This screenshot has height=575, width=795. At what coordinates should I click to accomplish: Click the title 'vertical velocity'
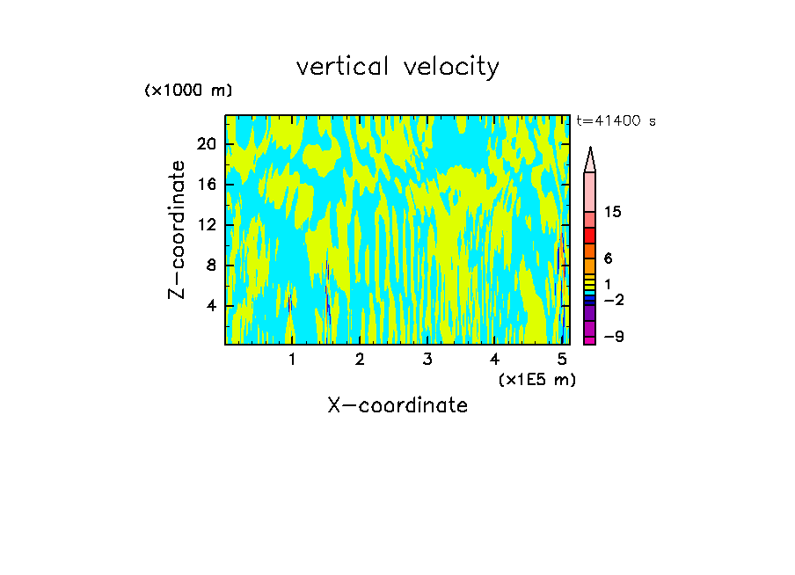[x=397, y=67]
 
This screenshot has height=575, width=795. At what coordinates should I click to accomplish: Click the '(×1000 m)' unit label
[x=188, y=91]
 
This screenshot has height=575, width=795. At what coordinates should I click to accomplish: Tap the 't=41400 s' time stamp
[x=616, y=121]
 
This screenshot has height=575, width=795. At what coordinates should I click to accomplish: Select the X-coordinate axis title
[x=397, y=405]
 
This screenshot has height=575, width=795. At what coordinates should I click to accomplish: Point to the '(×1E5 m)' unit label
[x=536, y=379]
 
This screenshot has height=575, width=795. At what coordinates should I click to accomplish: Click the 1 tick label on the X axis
[x=292, y=359]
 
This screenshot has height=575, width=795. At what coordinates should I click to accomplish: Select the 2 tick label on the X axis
[x=360, y=359]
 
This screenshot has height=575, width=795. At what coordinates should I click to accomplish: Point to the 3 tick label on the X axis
[x=427, y=359]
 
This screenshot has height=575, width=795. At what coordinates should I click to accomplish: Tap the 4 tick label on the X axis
[x=495, y=359]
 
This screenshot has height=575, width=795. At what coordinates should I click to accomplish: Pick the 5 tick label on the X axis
[x=563, y=359]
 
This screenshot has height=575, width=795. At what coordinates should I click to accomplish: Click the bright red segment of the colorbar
[x=589, y=236]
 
